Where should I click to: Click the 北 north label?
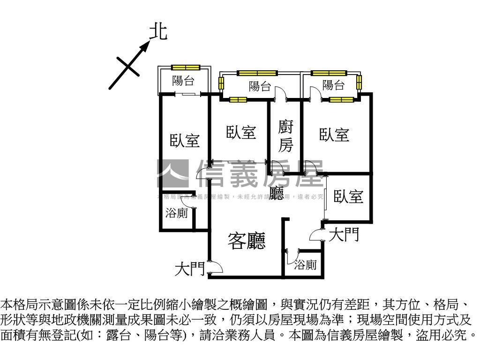point(158,32)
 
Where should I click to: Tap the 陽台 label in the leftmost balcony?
point(183,81)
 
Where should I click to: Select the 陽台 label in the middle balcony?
point(260,86)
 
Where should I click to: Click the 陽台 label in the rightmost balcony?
point(333,85)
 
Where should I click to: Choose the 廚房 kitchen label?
point(285,136)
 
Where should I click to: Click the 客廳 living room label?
point(247,241)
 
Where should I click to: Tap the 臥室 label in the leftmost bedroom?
point(185,140)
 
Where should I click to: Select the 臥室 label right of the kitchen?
point(334,135)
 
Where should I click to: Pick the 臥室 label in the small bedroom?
point(348,197)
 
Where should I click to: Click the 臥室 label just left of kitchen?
point(241,133)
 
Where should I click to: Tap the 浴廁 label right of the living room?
point(305,265)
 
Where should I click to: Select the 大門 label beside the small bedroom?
point(344,234)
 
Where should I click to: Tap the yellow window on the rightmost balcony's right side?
point(359,82)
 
